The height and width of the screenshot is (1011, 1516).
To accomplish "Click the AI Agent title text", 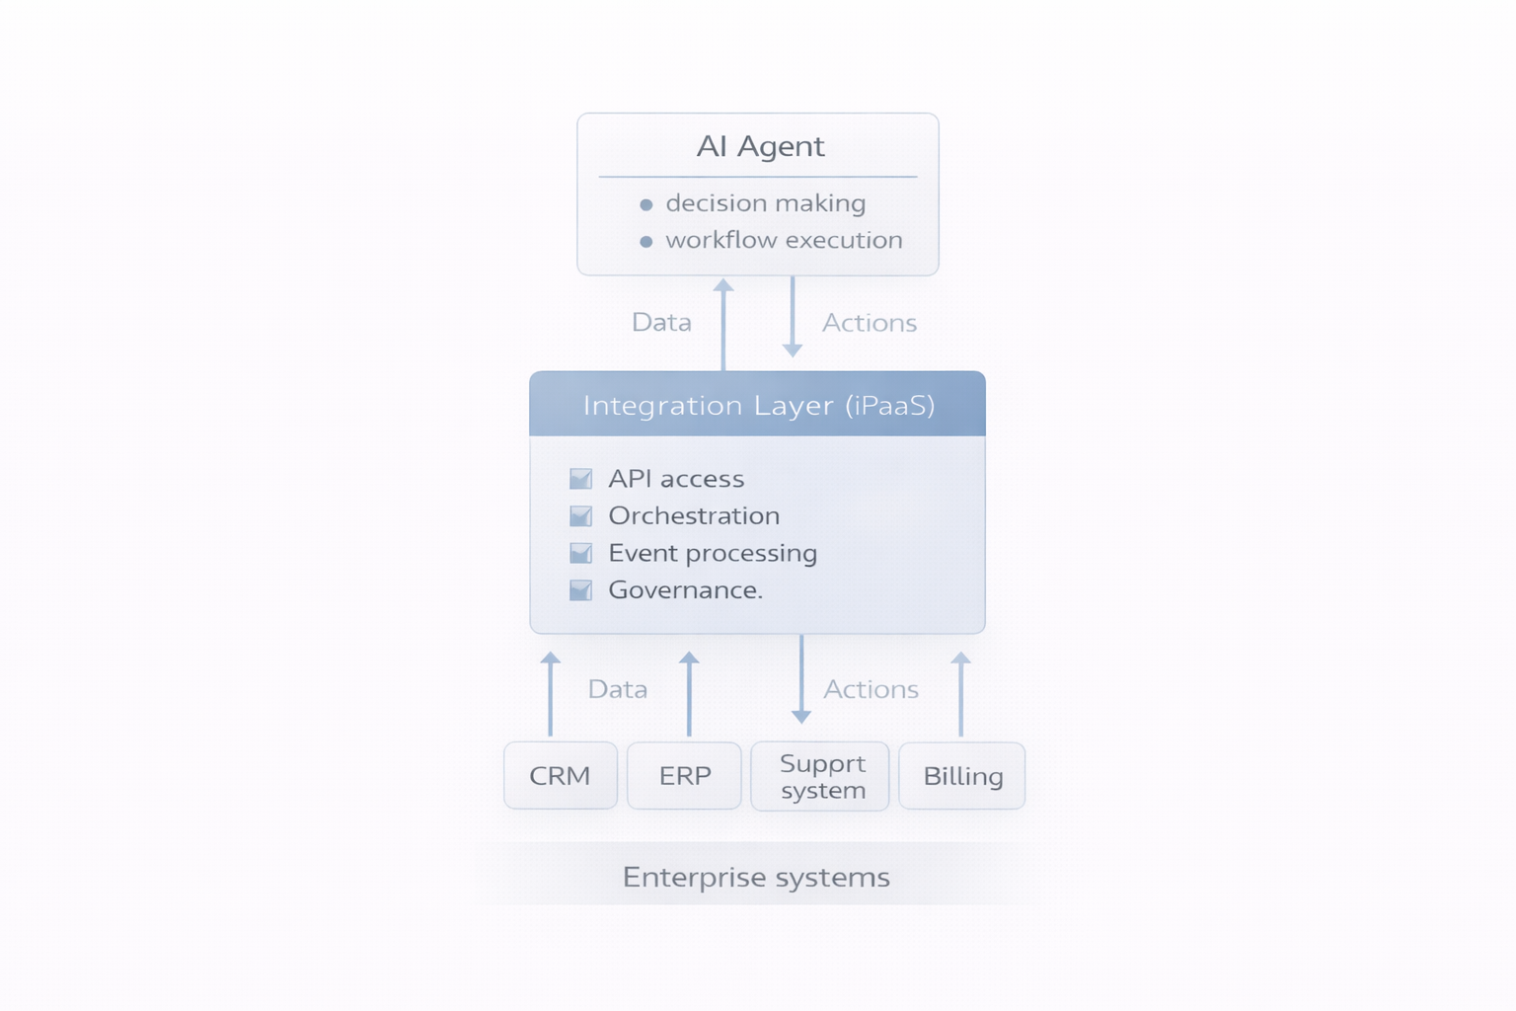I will tap(760, 146).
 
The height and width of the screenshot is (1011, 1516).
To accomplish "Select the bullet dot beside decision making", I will tap(646, 204).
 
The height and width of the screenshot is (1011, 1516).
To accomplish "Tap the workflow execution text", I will tap(784, 240).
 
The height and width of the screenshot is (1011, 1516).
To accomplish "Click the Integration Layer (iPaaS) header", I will tap(758, 405).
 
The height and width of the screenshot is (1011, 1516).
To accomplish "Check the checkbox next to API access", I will tap(581, 479).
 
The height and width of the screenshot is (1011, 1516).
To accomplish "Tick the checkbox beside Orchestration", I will tap(581, 516).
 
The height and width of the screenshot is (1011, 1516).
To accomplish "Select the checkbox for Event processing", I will tap(581, 553).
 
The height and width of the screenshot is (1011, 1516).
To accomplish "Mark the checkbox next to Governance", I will tap(581, 590).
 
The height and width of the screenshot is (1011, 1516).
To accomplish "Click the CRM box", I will tap(560, 776).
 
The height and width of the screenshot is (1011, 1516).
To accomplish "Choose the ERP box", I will tap(684, 776).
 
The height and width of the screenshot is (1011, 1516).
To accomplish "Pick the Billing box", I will tap(962, 776).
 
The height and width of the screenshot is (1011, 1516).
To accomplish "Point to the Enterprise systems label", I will tap(756, 877).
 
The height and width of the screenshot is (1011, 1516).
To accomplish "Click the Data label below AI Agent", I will tap(661, 323).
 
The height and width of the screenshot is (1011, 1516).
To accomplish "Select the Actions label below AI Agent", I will tap(870, 323).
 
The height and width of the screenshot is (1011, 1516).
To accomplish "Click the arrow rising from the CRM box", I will tap(551, 694).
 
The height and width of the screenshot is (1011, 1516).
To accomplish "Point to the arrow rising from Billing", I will tap(961, 694).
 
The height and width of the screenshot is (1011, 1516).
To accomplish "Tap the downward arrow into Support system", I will tap(801, 681).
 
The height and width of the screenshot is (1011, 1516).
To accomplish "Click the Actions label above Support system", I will tap(871, 689).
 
